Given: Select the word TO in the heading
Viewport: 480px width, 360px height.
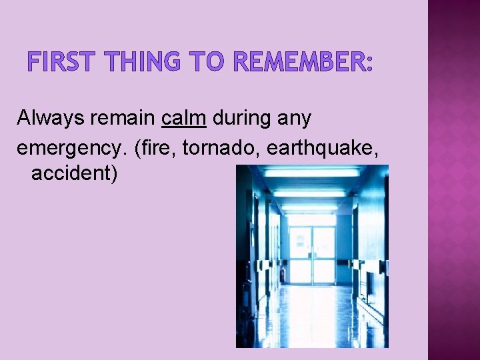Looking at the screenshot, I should coord(207,62).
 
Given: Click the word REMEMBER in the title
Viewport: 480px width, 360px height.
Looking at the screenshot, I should coord(298,62).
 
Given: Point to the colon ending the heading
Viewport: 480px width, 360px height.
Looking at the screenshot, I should coord(369,63).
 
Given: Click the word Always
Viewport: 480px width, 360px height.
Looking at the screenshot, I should coord(49,118).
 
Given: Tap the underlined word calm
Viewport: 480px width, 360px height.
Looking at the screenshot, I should coord(183,118).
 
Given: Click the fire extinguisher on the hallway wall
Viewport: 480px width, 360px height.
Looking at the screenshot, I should coord(283,273).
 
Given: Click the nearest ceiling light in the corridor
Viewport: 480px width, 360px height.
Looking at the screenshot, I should coord(313,172).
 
